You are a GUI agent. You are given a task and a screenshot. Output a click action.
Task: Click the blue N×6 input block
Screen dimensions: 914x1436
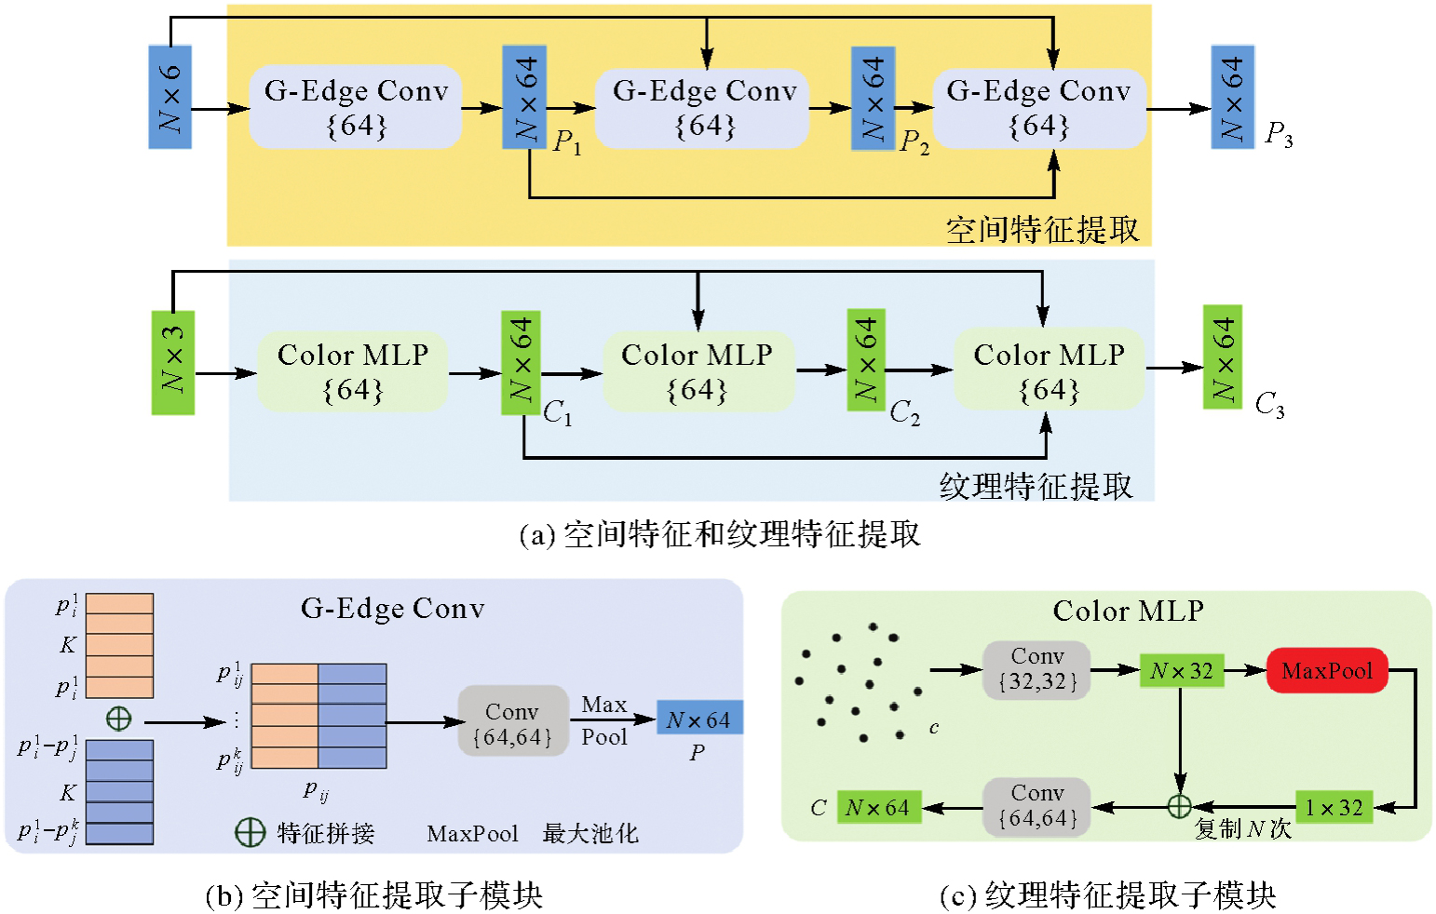169,97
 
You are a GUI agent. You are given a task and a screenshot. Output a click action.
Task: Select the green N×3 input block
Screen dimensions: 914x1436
173,362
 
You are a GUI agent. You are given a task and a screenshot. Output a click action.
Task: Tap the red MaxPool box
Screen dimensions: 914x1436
1327,671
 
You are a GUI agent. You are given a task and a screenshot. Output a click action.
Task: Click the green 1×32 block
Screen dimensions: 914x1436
1334,808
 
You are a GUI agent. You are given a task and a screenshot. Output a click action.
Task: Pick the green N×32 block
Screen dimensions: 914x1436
1181,671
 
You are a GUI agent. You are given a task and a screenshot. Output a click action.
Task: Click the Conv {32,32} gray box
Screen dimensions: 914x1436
1036,670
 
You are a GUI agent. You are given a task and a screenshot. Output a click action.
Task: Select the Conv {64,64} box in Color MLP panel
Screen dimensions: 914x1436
1036,806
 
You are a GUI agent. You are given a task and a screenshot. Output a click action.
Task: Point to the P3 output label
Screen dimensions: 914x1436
1279,135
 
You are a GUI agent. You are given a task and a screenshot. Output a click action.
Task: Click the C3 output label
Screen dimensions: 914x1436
1269,405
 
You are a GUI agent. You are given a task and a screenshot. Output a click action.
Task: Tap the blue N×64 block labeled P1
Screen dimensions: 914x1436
524,97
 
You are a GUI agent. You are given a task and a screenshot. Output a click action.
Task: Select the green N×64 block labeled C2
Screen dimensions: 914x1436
865,360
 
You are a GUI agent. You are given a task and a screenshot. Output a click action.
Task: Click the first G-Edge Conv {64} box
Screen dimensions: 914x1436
356,107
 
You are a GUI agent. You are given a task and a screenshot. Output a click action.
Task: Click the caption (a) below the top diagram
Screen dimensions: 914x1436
719,535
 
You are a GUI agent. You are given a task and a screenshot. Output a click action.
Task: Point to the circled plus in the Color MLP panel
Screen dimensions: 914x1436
1179,806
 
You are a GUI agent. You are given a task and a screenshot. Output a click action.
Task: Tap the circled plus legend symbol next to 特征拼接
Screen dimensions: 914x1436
250,832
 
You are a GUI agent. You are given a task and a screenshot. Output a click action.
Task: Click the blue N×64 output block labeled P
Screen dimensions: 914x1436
699,719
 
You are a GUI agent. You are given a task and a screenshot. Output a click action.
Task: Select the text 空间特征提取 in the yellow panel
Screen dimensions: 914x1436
1042,229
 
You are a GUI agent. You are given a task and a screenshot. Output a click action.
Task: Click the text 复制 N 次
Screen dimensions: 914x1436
1243,828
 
